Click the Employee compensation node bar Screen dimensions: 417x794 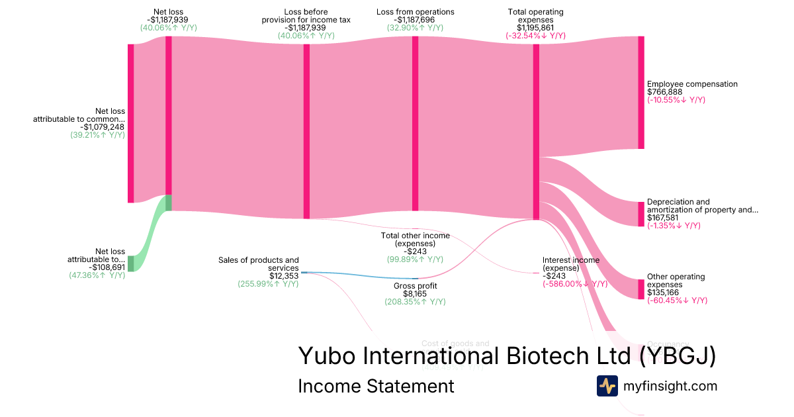click(x=640, y=93)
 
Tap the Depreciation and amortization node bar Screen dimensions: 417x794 click(x=640, y=214)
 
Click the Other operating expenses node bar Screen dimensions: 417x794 click(x=640, y=289)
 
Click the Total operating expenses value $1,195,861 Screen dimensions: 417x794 click(x=537, y=28)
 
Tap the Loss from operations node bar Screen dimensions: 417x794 click(x=416, y=123)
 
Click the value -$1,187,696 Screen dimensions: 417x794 click(x=415, y=20)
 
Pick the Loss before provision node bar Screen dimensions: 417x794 click(x=306, y=131)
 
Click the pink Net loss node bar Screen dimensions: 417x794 click(x=169, y=115)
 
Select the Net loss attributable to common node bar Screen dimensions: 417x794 click(x=131, y=123)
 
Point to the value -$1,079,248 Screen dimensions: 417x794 click(x=103, y=127)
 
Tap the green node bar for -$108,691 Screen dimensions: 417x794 click(x=131, y=263)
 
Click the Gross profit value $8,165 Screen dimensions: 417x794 click(x=415, y=294)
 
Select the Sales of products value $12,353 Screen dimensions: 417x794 click(x=284, y=276)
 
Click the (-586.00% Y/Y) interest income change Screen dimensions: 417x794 click(x=574, y=284)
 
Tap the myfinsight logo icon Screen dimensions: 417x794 click(x=607, y=386)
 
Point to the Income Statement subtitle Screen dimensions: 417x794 click(x=376, y=386)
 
